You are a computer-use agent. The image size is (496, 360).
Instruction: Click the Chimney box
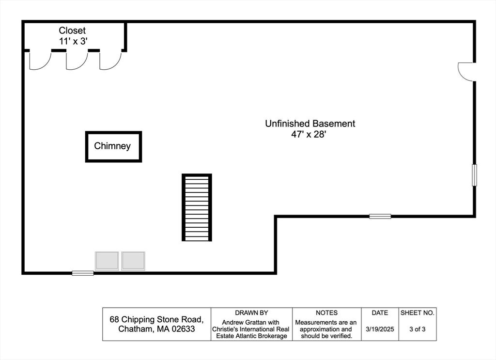113,132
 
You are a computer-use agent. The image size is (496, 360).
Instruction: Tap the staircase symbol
197,207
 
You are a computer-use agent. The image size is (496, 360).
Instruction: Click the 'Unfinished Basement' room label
310,124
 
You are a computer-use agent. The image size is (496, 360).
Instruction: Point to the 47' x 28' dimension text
309,134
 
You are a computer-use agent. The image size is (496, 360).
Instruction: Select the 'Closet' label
72,31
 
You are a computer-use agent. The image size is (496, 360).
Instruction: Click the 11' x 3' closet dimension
73,41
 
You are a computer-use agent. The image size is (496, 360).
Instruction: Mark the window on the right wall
474,175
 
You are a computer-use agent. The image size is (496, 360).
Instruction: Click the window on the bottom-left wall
83,273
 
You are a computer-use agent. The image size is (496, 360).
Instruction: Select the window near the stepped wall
380,217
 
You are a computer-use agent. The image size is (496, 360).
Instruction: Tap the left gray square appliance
107,261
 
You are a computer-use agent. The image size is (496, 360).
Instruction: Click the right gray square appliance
133,261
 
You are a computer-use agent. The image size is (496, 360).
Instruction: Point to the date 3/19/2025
380,329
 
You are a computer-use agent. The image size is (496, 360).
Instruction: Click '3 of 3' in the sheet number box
417,329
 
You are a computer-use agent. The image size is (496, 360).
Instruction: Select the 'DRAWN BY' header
251,313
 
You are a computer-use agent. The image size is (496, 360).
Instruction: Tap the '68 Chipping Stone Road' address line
156,319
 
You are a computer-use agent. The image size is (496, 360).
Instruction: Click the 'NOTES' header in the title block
326,313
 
